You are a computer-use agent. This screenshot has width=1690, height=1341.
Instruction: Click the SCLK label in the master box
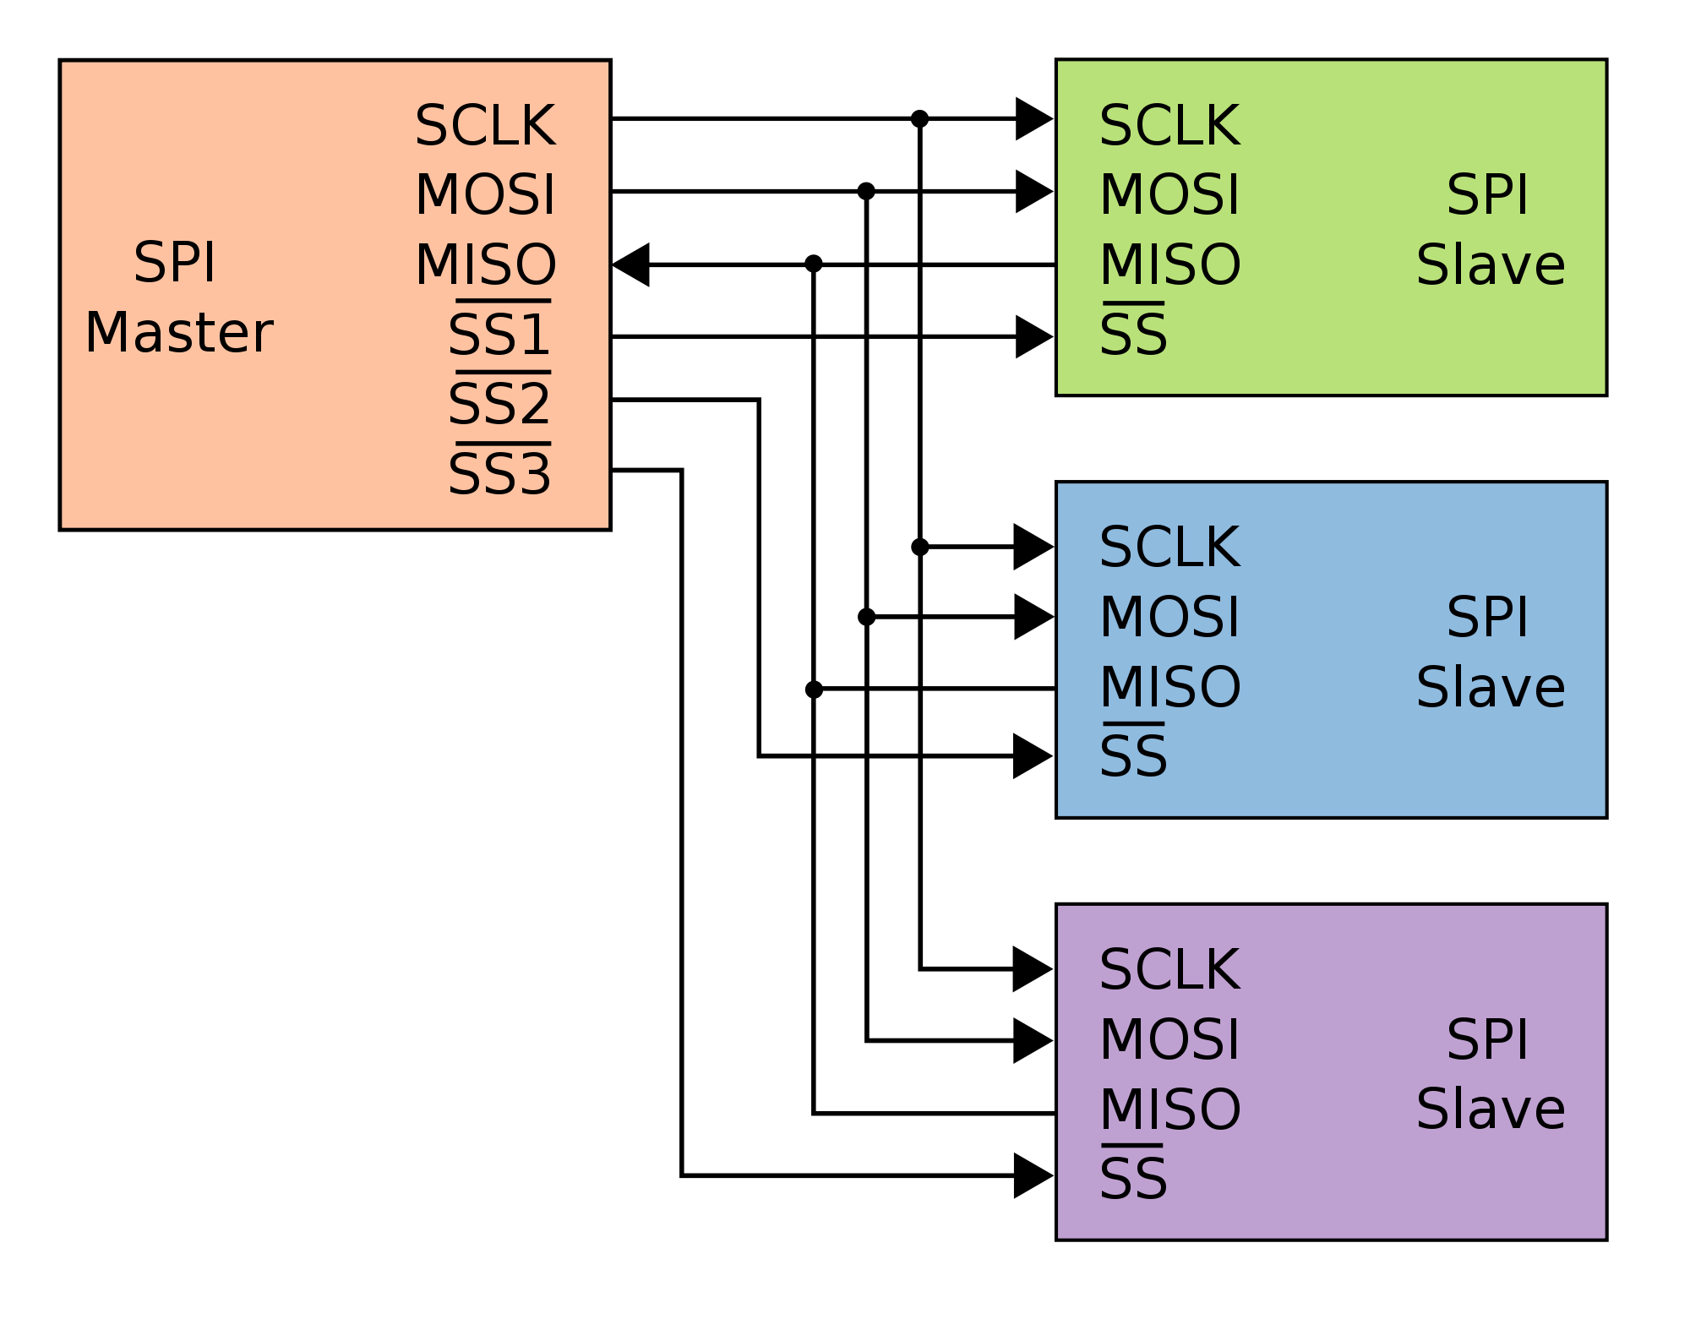485,127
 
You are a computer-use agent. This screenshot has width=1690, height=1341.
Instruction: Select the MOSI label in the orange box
485,195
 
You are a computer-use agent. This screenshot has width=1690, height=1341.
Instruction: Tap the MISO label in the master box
485,264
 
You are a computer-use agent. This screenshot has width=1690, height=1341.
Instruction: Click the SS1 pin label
499,335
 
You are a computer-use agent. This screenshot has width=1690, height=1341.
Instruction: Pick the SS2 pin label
499,405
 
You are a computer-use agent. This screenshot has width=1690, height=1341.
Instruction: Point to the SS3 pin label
499,475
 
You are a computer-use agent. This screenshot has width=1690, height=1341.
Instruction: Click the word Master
178,333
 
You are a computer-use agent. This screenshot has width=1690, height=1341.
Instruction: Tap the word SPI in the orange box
175,263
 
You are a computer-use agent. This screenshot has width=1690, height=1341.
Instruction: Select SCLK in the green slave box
1169,127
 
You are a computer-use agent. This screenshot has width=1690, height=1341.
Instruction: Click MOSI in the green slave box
1169,195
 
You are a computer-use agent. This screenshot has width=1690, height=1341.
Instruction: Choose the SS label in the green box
1133,335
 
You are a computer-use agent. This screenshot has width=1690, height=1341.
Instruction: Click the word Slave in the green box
1491,265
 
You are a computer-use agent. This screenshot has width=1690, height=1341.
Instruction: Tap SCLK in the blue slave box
1169,548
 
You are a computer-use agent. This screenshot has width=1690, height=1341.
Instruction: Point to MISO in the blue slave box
1169,687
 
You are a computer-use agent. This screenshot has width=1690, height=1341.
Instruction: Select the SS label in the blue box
1133,756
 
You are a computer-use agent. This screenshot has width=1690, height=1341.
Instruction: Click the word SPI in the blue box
1487,618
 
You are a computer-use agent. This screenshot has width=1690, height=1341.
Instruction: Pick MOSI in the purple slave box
1169,1039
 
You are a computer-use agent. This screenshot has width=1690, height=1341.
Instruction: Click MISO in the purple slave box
1169,1109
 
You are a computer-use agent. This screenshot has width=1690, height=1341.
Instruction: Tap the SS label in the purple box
1133,1179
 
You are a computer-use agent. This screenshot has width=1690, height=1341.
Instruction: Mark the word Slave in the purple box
1491,1109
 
